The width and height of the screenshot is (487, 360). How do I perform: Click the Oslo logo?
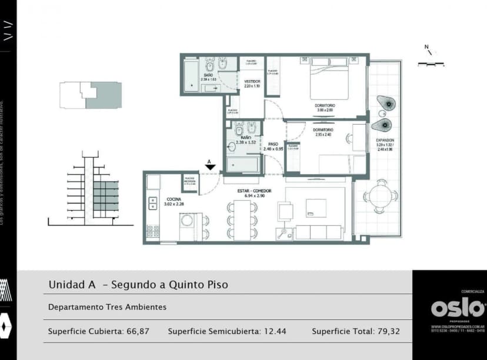(458, 307)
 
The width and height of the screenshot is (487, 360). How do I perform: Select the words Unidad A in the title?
(72, 285)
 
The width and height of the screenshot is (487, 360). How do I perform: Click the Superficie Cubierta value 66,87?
(138, 331)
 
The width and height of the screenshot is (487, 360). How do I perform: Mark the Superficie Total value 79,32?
(388, 331)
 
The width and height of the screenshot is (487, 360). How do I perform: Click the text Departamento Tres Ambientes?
(107, 307)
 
